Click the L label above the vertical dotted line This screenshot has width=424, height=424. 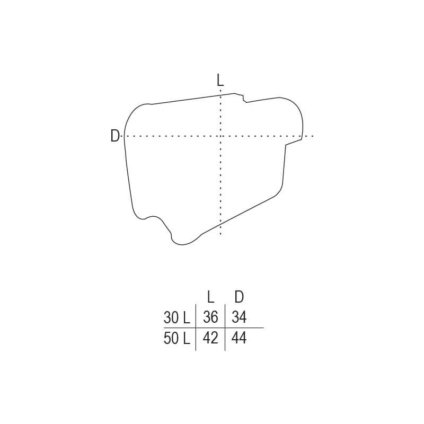click(x=220, y=80)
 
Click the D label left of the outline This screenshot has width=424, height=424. click(x=115, y=136)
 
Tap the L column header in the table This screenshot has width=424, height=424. click(x=210, y=297)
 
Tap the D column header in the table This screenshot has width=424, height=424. click(x=239, y=297)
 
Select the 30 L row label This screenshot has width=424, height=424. click(x=177, y=317)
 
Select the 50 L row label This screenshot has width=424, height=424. click(x=177, y=338)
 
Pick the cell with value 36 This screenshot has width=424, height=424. click(x=210, y=317)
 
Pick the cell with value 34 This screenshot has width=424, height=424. click(x=239, y=317)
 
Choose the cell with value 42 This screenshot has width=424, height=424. click(x=210, y=338)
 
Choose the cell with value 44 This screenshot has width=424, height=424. click(x=239, y=338)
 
